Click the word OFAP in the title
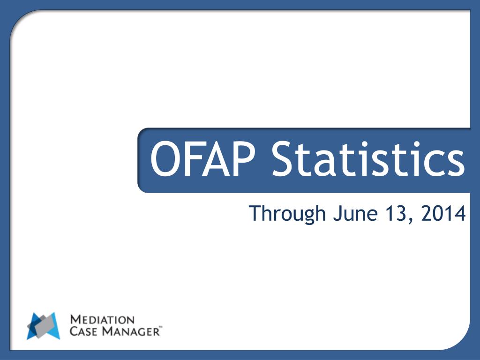pos(202,159)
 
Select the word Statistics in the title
pos(369,158)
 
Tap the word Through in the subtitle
pos(287,214)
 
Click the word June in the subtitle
pos(355,213)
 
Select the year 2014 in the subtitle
pos(443,213)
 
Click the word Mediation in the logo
pos(102,320)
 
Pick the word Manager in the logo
pos(131,331)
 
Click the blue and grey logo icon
pos(44,326)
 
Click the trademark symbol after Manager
pos(161,327)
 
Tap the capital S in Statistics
pos(284,159)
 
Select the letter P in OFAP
pos(243,159)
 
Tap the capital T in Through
pos(255,213)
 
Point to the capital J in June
pos(337,213)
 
